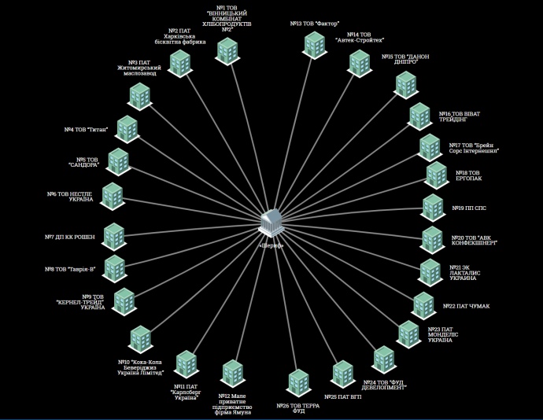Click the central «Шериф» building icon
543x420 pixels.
click(270, 223)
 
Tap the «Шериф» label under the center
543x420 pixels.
click(270, 244)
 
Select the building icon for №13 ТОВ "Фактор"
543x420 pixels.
click(313, 43)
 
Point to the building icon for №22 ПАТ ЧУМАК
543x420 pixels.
click(423, 304)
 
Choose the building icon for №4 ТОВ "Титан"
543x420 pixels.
click(127, 128)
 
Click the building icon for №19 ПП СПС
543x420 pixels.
click(433, 207)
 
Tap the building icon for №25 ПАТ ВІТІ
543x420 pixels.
click(342, 372)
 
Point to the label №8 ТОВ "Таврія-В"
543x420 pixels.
click(70, 269)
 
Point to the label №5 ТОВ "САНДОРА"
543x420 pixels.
click(83, 161)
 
